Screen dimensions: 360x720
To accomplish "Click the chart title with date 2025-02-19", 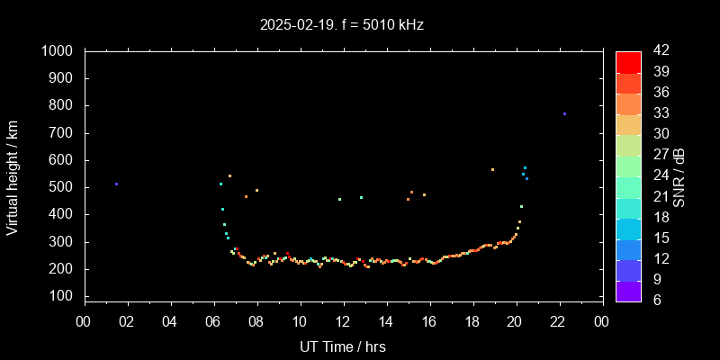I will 342,25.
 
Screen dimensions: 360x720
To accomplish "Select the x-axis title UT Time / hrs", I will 343,346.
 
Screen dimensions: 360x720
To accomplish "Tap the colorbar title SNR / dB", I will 679,176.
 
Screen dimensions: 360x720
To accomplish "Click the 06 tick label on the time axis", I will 213,321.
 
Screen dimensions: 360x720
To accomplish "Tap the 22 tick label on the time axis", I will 558,321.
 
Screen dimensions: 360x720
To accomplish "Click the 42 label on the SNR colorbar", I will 659,51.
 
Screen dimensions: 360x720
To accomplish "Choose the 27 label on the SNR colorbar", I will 659,175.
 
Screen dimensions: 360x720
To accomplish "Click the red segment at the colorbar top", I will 628,61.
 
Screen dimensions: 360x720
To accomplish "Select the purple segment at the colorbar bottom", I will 628,290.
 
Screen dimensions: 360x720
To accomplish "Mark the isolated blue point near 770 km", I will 564,113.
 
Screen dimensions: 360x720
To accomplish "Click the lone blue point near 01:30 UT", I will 116,184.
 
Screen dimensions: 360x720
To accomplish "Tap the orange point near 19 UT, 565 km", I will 492,169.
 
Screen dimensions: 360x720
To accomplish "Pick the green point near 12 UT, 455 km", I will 339,199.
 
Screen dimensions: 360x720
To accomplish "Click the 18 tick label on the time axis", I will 472,321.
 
